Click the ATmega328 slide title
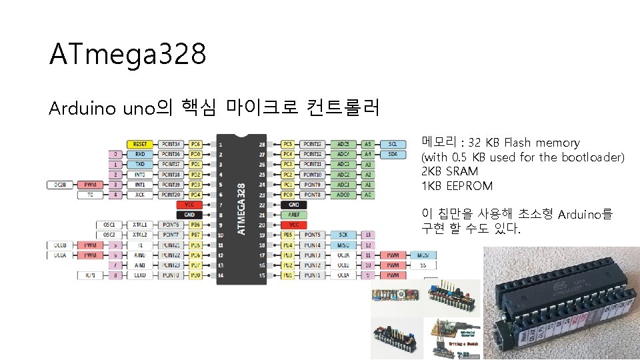[x=127, y=55]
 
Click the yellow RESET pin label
[x=140, y=144]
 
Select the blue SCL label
[x=393, y=144]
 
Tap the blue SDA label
[x=393, y=154]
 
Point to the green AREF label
[x=294, y=215]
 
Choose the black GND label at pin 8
[x=189, y=215]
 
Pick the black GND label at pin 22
[x=294, y=205]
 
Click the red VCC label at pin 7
[x=189, y=205]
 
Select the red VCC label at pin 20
[x=294, y=225]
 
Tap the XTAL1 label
[x=140, y=225]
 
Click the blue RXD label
[x=140, y=154]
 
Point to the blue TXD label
[x=140, y=164]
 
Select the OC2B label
[x=58, y=185]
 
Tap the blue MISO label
[x=343, y=245]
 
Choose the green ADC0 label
[x=343, y=195]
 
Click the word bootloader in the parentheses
[x=593, y=157]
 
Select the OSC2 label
[x=109, y=235]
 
